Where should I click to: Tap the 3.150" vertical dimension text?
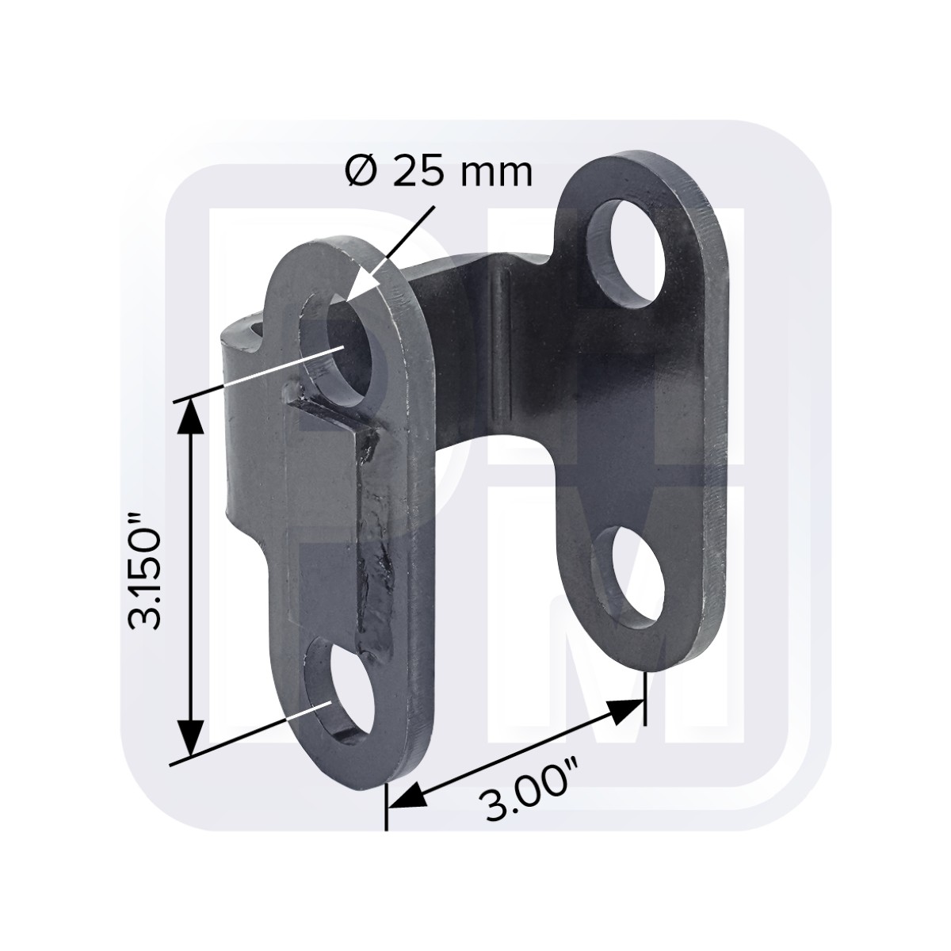click(x=145, y=571)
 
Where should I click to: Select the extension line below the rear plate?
click(x=646, y=697)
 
